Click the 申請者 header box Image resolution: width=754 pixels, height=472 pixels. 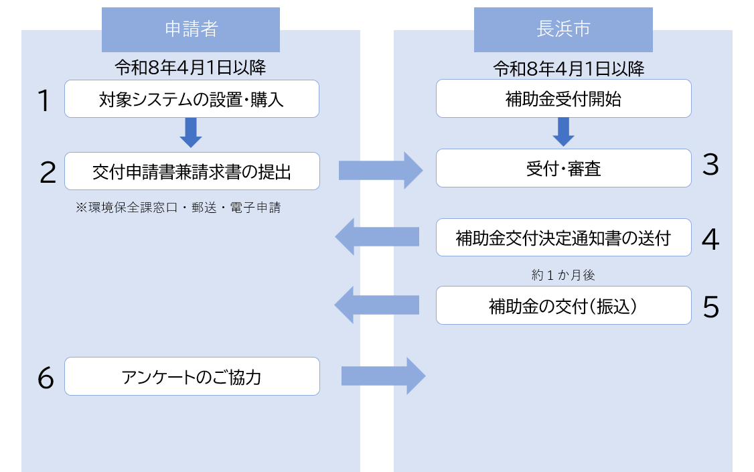[191, 29]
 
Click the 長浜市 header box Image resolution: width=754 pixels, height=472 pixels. [563, 29]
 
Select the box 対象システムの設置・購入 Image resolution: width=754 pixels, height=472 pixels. [192, 99]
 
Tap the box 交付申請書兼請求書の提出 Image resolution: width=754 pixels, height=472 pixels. [192, 171]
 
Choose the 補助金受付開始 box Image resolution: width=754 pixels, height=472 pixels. [563, 99]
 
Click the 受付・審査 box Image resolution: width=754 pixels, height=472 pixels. [563, 168]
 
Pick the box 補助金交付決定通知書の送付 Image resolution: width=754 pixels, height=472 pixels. [563, 238]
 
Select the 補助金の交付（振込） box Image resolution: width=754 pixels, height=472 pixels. [563, 306]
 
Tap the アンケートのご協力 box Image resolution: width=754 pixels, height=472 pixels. [192, 376]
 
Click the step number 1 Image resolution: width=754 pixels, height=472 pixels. [44, 102]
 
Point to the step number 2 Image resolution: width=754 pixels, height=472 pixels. [48, 173]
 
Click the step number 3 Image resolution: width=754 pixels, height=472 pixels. [710, 165]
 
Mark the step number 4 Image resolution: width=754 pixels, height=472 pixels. [710, 240]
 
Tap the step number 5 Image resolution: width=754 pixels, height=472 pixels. [710, 307]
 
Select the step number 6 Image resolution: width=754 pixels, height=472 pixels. [46, 379]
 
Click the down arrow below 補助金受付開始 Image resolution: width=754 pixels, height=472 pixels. [563, 132]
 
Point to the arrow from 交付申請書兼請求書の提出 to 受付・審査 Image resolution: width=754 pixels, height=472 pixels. [380, 170]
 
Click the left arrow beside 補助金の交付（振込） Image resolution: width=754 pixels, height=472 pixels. [377, 306]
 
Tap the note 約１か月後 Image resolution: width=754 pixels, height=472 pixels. [563, 274]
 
